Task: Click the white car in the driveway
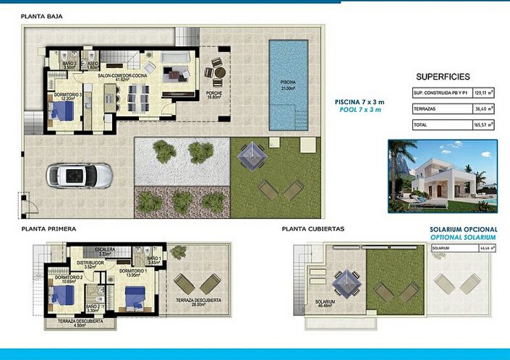pyautogui.click(x=80, y=175)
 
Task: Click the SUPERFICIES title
pyautogui.click(x=443, y=76)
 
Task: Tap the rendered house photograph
pyautogui.click(x=441, y=176)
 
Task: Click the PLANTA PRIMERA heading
pyautogui.click(x=48, y=228)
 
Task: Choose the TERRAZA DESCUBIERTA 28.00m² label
pyautogui.click(x=193, y=302)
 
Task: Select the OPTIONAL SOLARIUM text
pyautogui.click(x=463, y=237)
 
